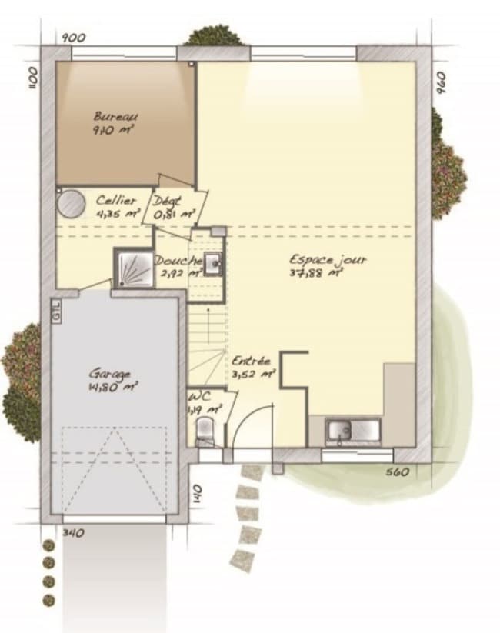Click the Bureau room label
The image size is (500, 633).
[x=115, y=116]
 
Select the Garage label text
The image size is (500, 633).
[x=109, y=374]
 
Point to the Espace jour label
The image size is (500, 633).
[x=328, y=259]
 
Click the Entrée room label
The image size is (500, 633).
[x=251, y=360]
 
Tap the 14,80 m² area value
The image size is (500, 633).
[x=112, y=388]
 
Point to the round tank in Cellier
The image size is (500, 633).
[x=71, y=204]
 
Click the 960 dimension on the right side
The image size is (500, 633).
[x=440, y=82]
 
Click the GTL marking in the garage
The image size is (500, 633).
[x=56, y=312]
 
